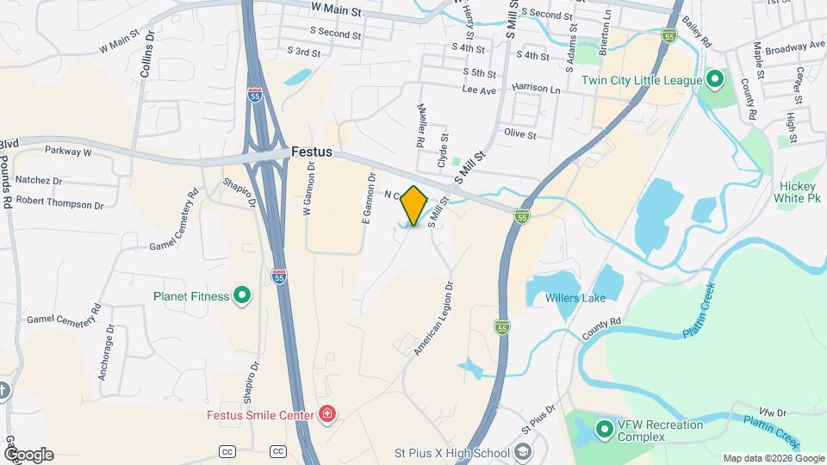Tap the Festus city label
pos(312,152)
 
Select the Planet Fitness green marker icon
pos(242,296)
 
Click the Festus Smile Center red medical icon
pos(326,415)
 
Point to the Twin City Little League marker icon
pos(714,80)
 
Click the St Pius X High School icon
pos(523,452)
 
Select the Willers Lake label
pos(575,298)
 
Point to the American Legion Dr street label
pos(434,319)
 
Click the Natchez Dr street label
pos(40,182)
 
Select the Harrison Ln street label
pos(536,89)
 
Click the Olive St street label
pos(520,134)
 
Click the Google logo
pos(28,455)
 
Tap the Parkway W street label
pos(69,152)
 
